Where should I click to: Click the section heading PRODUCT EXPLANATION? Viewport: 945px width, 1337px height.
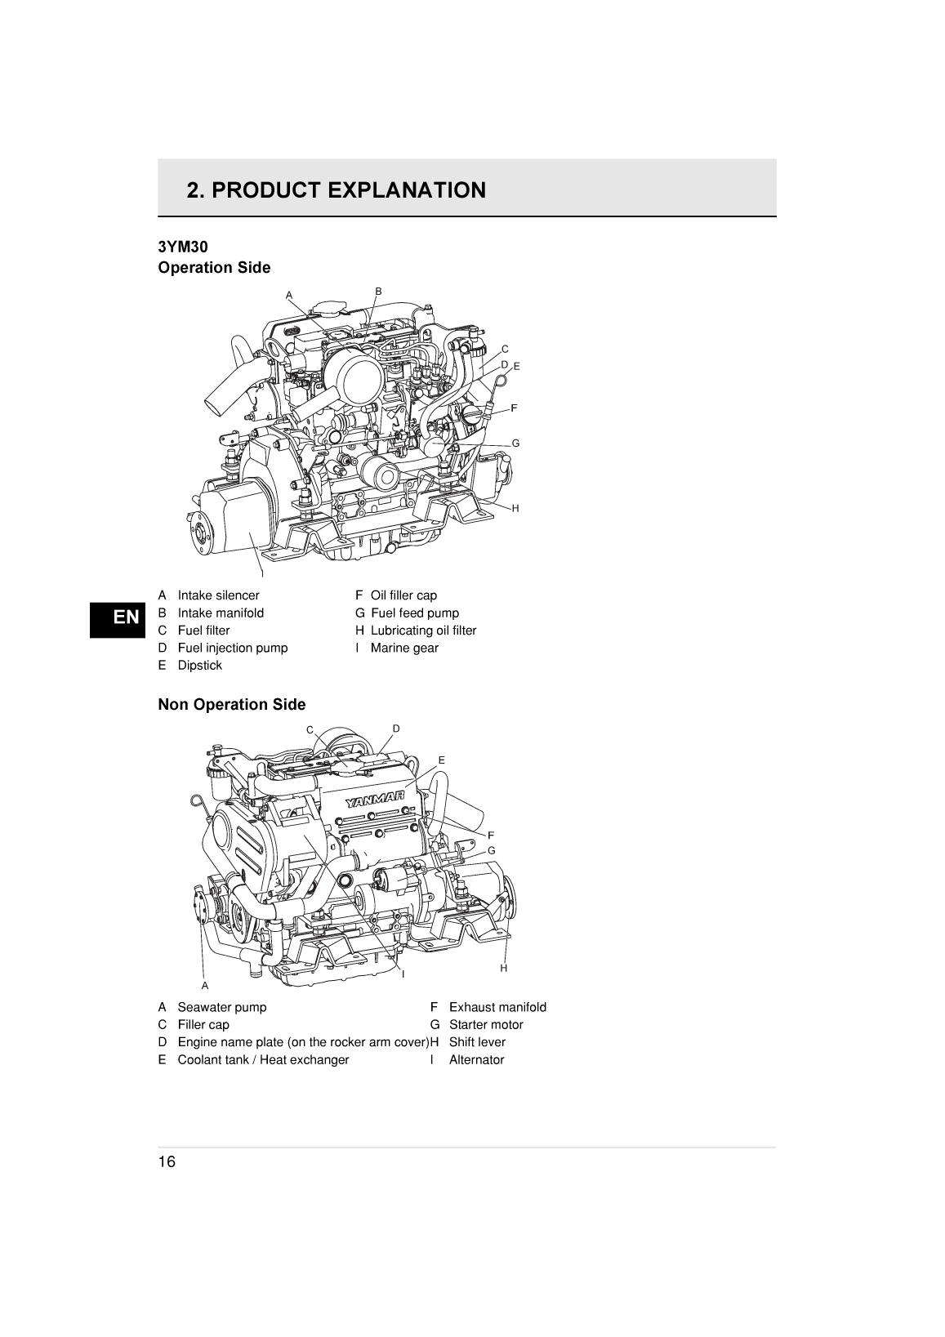tap(336, 190)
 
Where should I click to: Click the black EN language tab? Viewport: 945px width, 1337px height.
tap(126, 617)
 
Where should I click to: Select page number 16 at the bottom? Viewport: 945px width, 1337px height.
tap(167, 1162)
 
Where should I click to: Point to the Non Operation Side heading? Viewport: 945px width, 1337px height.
tap(231, 704)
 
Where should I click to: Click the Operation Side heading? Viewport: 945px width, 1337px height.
tap(214, 268)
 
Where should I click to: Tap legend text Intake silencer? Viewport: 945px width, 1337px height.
tap(218, 595)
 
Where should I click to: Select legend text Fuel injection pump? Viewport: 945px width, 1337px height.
tap(232, 648)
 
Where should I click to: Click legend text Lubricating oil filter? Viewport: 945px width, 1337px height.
tap(423, 631)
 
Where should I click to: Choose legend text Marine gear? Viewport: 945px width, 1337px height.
tap(404, 648)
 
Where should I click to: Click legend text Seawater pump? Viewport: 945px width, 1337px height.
tap(221, 1007)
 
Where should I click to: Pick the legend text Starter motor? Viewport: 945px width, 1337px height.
tap(486, 1024)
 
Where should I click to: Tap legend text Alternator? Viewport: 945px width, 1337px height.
tap(476, 1059)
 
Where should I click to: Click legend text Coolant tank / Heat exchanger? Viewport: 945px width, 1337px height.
tap(263, 1059)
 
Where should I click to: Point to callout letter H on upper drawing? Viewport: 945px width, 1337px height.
tap(515, 508)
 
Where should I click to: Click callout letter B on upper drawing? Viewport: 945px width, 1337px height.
tap(378, 291)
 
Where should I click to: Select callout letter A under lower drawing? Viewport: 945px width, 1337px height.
tap(205, 986)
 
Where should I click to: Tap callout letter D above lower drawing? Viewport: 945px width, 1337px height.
tap(396, 728)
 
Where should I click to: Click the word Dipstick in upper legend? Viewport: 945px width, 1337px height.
tap(199, 665)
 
